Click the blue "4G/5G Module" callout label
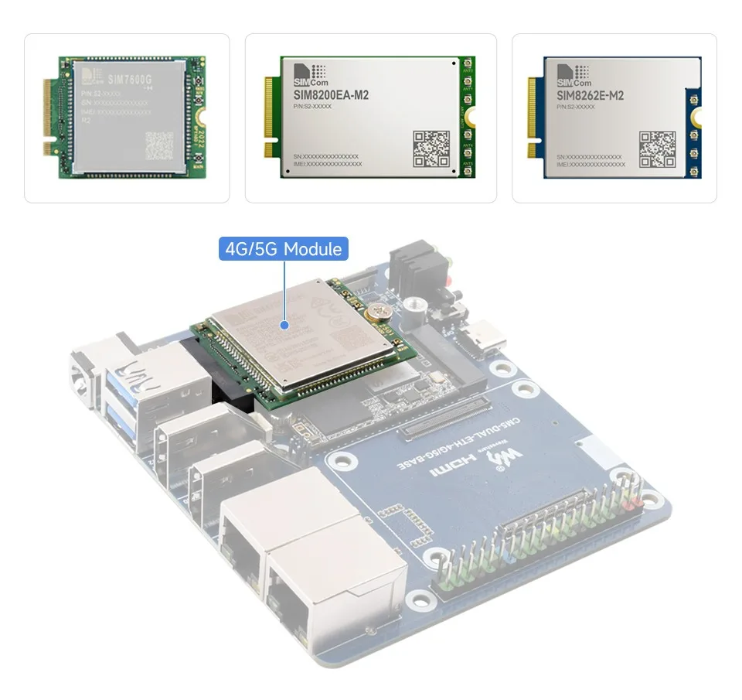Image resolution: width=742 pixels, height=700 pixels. (x=284, y=249)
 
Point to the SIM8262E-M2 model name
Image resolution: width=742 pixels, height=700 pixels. (x=591, y=95)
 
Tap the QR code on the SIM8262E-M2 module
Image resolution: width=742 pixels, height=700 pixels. (x=657, y=149)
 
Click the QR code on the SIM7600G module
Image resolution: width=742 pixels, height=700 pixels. (x=159, y=145)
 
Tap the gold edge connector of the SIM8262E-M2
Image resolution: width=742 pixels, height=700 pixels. (x=533, y=116)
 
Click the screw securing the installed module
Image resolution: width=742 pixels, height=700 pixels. (x=378, y=311)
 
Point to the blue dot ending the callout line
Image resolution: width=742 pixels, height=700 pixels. (x=284, y=326)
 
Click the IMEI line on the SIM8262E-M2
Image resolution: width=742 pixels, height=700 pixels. (x=591, y=164)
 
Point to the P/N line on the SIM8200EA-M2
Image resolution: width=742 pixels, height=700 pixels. (x=312, y=106)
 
